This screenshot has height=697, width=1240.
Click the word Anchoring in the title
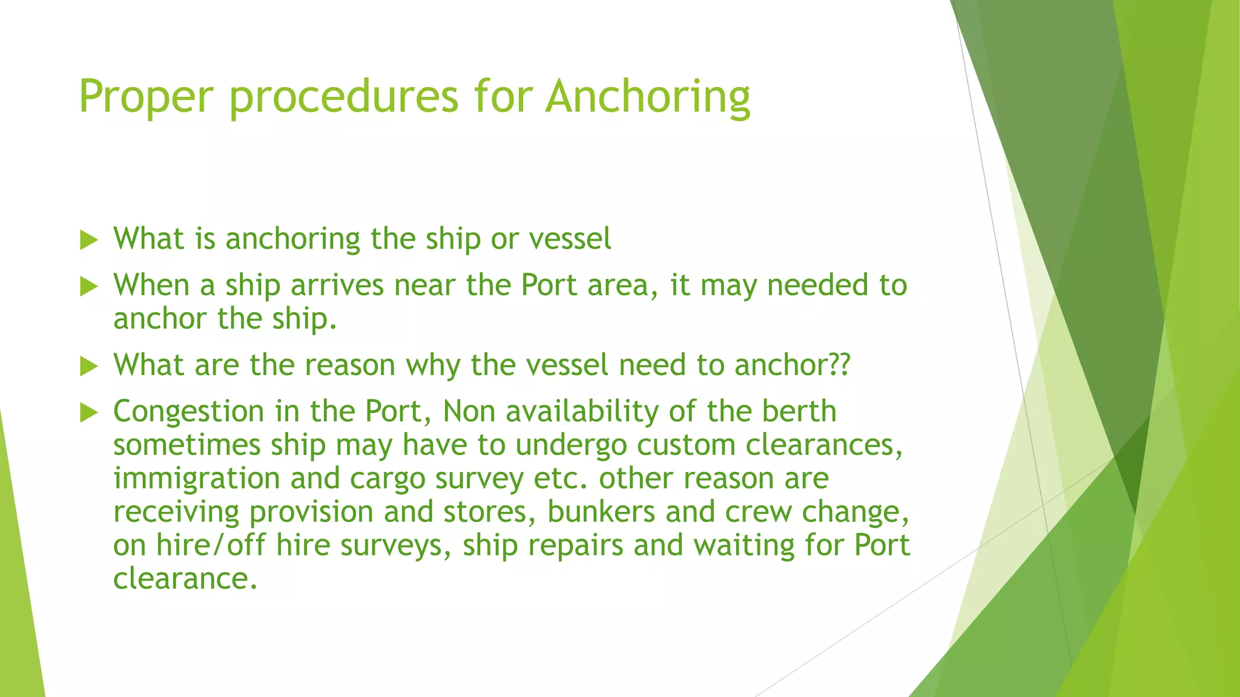click(647, 97)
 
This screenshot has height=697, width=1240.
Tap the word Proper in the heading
click(146, 97)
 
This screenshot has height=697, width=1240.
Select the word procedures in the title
click(344, 97)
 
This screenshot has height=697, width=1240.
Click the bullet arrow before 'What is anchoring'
click(89, 240)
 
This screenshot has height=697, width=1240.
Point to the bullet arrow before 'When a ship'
click(89, 287)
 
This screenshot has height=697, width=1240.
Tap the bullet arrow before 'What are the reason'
click(89, 367)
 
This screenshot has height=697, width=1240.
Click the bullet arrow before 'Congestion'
click(89, 413)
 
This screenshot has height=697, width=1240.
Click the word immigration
click(196, 479)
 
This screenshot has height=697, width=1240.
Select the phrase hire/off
click(211, 545)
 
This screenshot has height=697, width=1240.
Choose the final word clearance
click(185, 578)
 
